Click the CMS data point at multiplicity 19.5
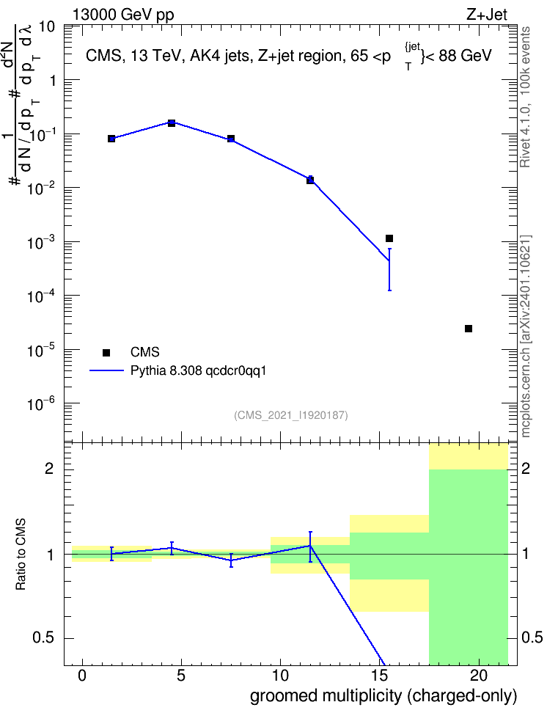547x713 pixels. (x=469, y=329)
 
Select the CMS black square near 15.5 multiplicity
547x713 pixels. (x=389, y=238)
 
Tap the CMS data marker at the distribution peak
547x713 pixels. (x=172, y=123)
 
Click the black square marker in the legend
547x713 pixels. (x=106, y=352)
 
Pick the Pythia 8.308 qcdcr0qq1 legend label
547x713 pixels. (x=198, y=370)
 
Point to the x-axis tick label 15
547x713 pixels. (x=379, y=676)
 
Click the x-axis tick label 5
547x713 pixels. (x=181, y=676)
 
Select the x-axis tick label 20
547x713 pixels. (x=478, y=676)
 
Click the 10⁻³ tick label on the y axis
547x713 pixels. (x=42, y=242)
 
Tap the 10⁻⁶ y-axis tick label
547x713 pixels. (x=42, y=403)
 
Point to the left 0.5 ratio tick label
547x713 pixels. (x=43, y=637)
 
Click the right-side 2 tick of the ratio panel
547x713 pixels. (x=526, y=468)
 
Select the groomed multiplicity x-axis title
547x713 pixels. (x=383, y=696)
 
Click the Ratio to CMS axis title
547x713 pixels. (x=21, y=555)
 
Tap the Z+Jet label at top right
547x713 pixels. (x=487, y=15)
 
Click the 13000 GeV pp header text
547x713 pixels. (x=123, y=15)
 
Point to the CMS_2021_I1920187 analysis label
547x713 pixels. (x=291, y=414)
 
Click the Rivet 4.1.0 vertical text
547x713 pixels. (x=525, y=97)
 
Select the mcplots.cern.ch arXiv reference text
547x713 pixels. (x=526, y=337)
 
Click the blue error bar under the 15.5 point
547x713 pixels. (x=389, y=269)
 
